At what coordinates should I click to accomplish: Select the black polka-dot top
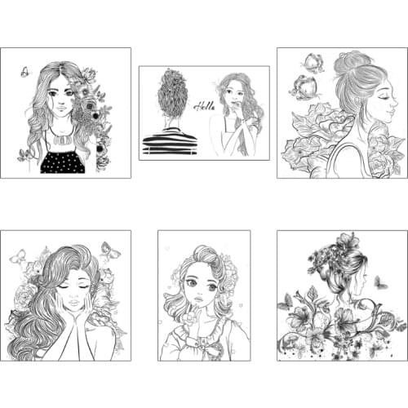(x=63, y=161)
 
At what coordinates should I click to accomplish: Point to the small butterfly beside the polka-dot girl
(x=25, y=73)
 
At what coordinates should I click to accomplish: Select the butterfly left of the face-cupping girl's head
(x=17, y=257)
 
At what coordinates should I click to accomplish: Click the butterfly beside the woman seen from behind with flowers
(x=379, y=283)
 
